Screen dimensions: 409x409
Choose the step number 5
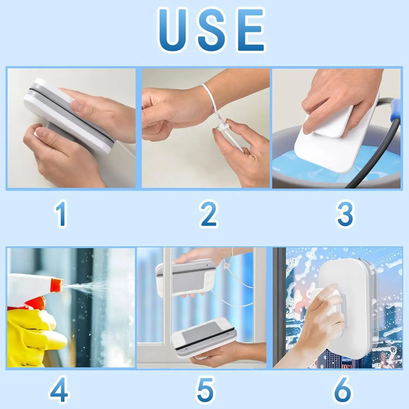click(205, 389)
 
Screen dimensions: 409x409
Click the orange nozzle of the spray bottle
click(56, 284)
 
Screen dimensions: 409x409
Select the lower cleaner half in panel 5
click(204, 337)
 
